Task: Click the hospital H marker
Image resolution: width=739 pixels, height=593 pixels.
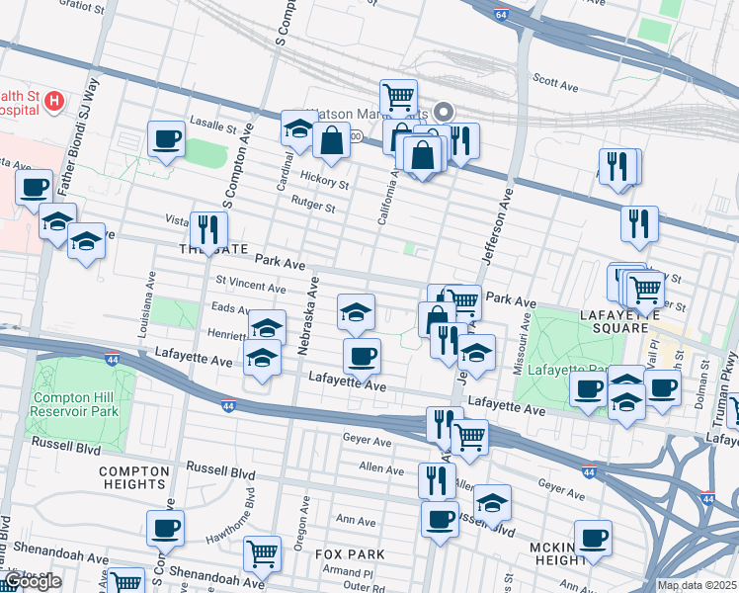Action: click(x=54, y=100)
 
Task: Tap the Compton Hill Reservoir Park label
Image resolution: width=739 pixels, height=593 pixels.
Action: click(x=76, y=405)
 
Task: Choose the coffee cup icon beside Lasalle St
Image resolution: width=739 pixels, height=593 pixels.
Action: click(x=166, y=138)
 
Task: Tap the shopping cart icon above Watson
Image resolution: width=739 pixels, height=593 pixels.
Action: click(x=398, y=97)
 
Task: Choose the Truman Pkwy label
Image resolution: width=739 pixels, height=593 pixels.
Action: click(x=728, y=378)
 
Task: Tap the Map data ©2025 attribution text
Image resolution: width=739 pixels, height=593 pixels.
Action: click(x=697, y=585)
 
